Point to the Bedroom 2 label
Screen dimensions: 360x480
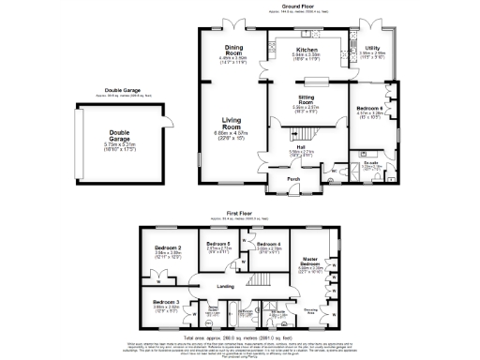(x=167, y=248)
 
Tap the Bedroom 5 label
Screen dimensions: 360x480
(x=218, y=244)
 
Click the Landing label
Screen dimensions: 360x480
(x=226, y=286)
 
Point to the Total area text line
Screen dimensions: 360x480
(x=240, y=335)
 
